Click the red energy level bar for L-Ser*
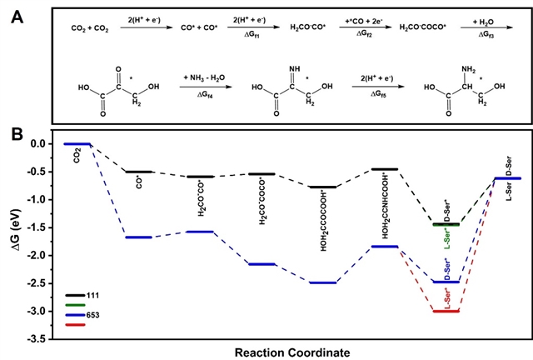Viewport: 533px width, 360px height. tap(447, 311)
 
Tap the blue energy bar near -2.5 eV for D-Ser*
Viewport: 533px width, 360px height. tap(447, 282)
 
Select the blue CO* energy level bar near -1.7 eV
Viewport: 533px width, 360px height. tap(138, 237)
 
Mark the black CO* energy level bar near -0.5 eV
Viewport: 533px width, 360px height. tap(138, 172)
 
